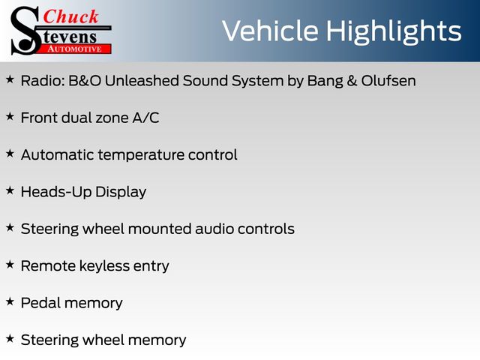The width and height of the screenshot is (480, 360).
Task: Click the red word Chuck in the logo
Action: (x=70, y=16)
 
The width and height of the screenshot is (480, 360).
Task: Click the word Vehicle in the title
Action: (x=270, y=31)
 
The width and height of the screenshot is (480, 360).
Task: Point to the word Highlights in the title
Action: (x=393, y=32)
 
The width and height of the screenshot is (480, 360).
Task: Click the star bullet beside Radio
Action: (x=10, y=79)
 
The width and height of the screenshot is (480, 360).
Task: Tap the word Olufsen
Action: (x=388, y=81)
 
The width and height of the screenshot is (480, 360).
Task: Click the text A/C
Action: (x=145, y=118)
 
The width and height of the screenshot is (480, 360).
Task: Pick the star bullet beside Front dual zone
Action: (x=10, y=117)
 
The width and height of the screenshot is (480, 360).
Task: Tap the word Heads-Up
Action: (x=56, y=192)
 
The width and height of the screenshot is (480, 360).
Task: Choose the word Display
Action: (x=121, y=192)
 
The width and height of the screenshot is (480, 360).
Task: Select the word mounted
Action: (x=159, y=229)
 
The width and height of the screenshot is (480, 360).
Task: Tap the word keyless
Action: (x=104, y=266)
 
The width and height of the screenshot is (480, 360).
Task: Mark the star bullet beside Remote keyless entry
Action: (x=10, y=265)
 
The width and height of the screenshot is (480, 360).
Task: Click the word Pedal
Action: (x=40, y=303)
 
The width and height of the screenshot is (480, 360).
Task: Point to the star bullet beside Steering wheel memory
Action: (x=10, y=339)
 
